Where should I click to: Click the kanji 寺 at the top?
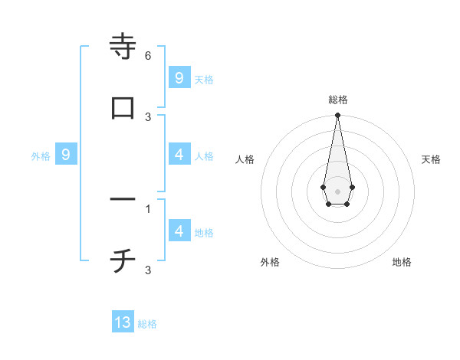[123, 47]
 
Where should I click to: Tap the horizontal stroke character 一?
[123, 199]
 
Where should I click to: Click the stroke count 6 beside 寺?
[148, 56]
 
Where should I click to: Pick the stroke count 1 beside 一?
[148, 208]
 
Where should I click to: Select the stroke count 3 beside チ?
[148, 270]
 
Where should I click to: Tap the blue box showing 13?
[123, 322]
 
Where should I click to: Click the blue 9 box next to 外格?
[66, 155]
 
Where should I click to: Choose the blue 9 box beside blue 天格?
[179, 77]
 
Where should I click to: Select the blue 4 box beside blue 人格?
[179, 155]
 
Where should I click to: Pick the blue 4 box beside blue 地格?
[179, 231]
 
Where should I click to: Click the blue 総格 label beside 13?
[147, 324]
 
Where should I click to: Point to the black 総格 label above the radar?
[338, 100]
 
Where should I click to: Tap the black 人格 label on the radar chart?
[245, 159]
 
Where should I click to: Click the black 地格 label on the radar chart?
[402, 262]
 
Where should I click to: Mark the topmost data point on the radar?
[337, 116]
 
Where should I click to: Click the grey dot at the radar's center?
[337, 190]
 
